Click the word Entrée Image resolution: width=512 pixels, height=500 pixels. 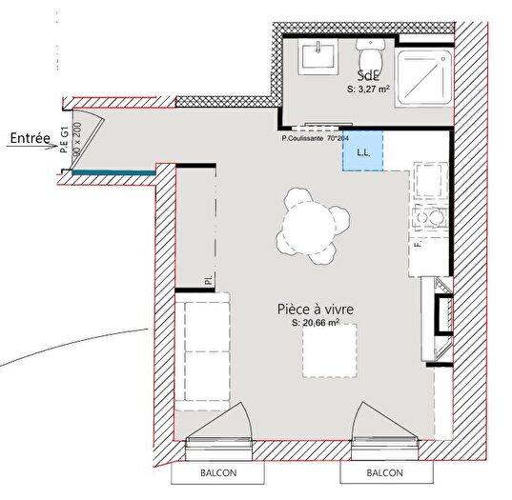click(x=31, y=138)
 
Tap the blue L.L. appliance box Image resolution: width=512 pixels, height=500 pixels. click(x=362, y=151)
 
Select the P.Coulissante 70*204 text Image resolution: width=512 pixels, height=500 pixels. click(x=315, y=139)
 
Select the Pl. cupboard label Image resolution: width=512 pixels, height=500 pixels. click(x=207, y=280)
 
